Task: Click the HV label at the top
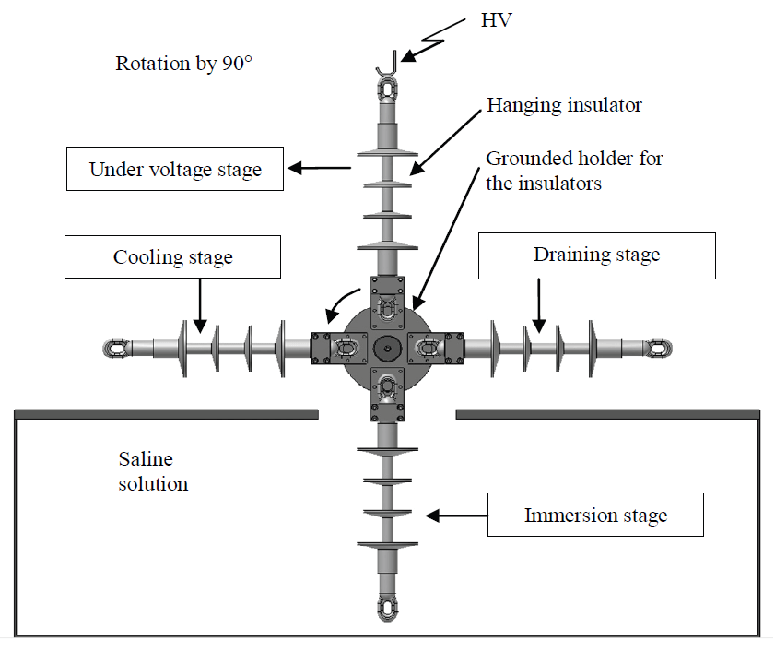tap(495, 19)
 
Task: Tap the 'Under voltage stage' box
tap(175, 169)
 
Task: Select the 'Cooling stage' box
tap(172, 256)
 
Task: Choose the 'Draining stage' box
tap(596, 255)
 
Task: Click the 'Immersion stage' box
tap(594, 515)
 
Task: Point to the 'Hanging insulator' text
tap(564, 105)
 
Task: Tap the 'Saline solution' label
tap(153, 470)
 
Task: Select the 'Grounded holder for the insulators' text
tap(574, 171)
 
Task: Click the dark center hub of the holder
tap(386, 348)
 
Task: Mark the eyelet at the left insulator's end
tap(114, 349)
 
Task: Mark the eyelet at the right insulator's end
tap(659, 348)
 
